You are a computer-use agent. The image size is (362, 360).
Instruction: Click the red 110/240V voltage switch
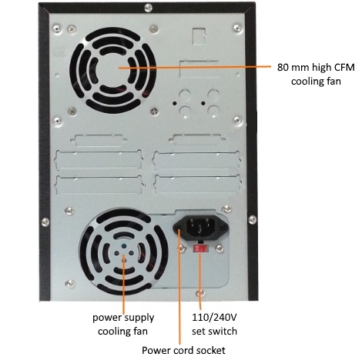[x=200, y=248]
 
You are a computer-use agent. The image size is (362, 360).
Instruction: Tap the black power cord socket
[x=200, y=227]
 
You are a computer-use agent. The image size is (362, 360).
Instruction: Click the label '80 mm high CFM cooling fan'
[x=316, y=75]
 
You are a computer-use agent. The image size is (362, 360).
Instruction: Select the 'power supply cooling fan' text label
[x=123, y=325]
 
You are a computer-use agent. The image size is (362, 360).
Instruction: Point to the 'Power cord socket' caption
[x=183, y=350]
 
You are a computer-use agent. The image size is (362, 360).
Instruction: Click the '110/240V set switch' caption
[x=214, y=325]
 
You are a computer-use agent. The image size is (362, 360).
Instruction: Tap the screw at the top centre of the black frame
[x=149, y=8]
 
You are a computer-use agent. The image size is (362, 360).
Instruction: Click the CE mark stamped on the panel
[x=59, y=52]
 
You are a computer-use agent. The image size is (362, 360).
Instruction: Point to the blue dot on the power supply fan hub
[x=124, y=246]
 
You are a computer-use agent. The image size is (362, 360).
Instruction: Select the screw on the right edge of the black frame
[x=252, y=220]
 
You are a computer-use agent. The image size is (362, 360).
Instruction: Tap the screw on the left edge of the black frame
[x=45, y=222]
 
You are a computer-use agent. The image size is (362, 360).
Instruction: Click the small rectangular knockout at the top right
[x=199, y=35]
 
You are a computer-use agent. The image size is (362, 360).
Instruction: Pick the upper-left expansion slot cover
[x=99, y=160]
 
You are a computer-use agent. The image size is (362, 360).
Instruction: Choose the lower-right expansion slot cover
[x=197, y=184]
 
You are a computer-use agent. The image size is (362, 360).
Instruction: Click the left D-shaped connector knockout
[x=99, y=140]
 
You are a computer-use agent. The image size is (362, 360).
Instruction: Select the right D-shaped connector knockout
[x=197, y=139]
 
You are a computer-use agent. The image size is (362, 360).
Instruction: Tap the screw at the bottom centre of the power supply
[x=200, y=293]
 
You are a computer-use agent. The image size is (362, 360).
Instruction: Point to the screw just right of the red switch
[x=219, y=248]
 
